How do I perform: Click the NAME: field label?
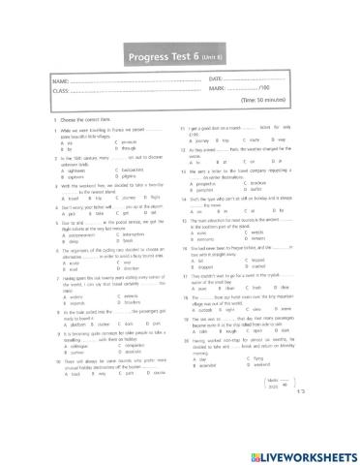tap(59, 79)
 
